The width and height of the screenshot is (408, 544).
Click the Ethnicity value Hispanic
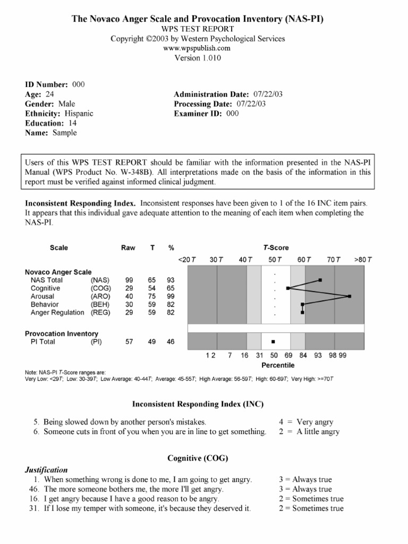79,113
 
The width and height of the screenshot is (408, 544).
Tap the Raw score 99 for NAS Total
129,280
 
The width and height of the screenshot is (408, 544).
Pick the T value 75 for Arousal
152,296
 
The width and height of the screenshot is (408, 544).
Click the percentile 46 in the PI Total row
171,342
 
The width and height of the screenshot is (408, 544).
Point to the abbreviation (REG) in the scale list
100,313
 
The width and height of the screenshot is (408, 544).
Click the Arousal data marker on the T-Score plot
350,296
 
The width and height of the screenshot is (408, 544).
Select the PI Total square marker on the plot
274,342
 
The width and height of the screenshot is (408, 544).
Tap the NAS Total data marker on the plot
320,279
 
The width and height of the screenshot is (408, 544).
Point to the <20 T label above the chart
187,260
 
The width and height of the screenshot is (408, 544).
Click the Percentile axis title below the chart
278,365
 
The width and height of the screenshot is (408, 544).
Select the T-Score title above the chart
276,248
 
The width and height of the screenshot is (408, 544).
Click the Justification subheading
47,470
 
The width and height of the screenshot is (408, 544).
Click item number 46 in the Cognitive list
34,489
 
